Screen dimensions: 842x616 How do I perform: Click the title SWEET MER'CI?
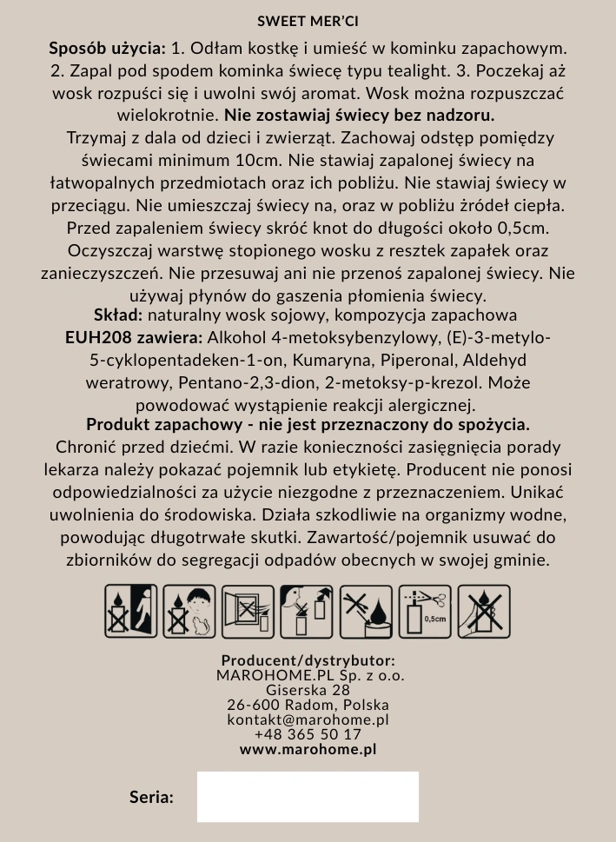click(308, 21)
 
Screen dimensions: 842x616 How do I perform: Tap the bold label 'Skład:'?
click(118, 315)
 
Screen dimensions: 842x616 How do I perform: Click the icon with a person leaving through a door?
click(131, 612)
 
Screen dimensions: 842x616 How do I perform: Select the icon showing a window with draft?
click(248, 612)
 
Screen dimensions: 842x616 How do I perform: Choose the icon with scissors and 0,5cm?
click(426, 612)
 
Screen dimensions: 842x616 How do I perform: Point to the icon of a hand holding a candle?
click(484, 612)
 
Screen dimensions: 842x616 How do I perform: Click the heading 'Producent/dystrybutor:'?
click(308, 660)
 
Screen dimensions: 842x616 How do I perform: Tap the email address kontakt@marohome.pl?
click(308, 719)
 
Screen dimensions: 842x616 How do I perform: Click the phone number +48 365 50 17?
click(308, 734)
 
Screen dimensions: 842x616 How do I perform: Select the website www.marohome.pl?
click(308, 749)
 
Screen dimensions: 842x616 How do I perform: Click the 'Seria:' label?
click(151, 797)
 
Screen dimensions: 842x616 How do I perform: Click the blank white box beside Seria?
click(308, 796)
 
